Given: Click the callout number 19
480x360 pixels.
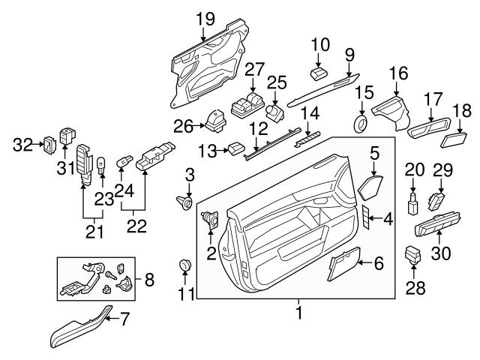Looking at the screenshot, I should click(201, 16).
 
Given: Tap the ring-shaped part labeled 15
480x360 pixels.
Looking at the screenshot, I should click(360, 121).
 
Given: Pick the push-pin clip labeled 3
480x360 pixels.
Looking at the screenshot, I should click(184, 201).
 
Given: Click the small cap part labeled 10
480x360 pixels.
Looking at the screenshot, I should click(318, 72).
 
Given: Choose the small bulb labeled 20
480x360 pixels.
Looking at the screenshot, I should click(412, 201).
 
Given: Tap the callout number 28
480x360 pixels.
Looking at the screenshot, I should click(415, 287).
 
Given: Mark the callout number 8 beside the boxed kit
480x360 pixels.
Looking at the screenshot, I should click(148, 281).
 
